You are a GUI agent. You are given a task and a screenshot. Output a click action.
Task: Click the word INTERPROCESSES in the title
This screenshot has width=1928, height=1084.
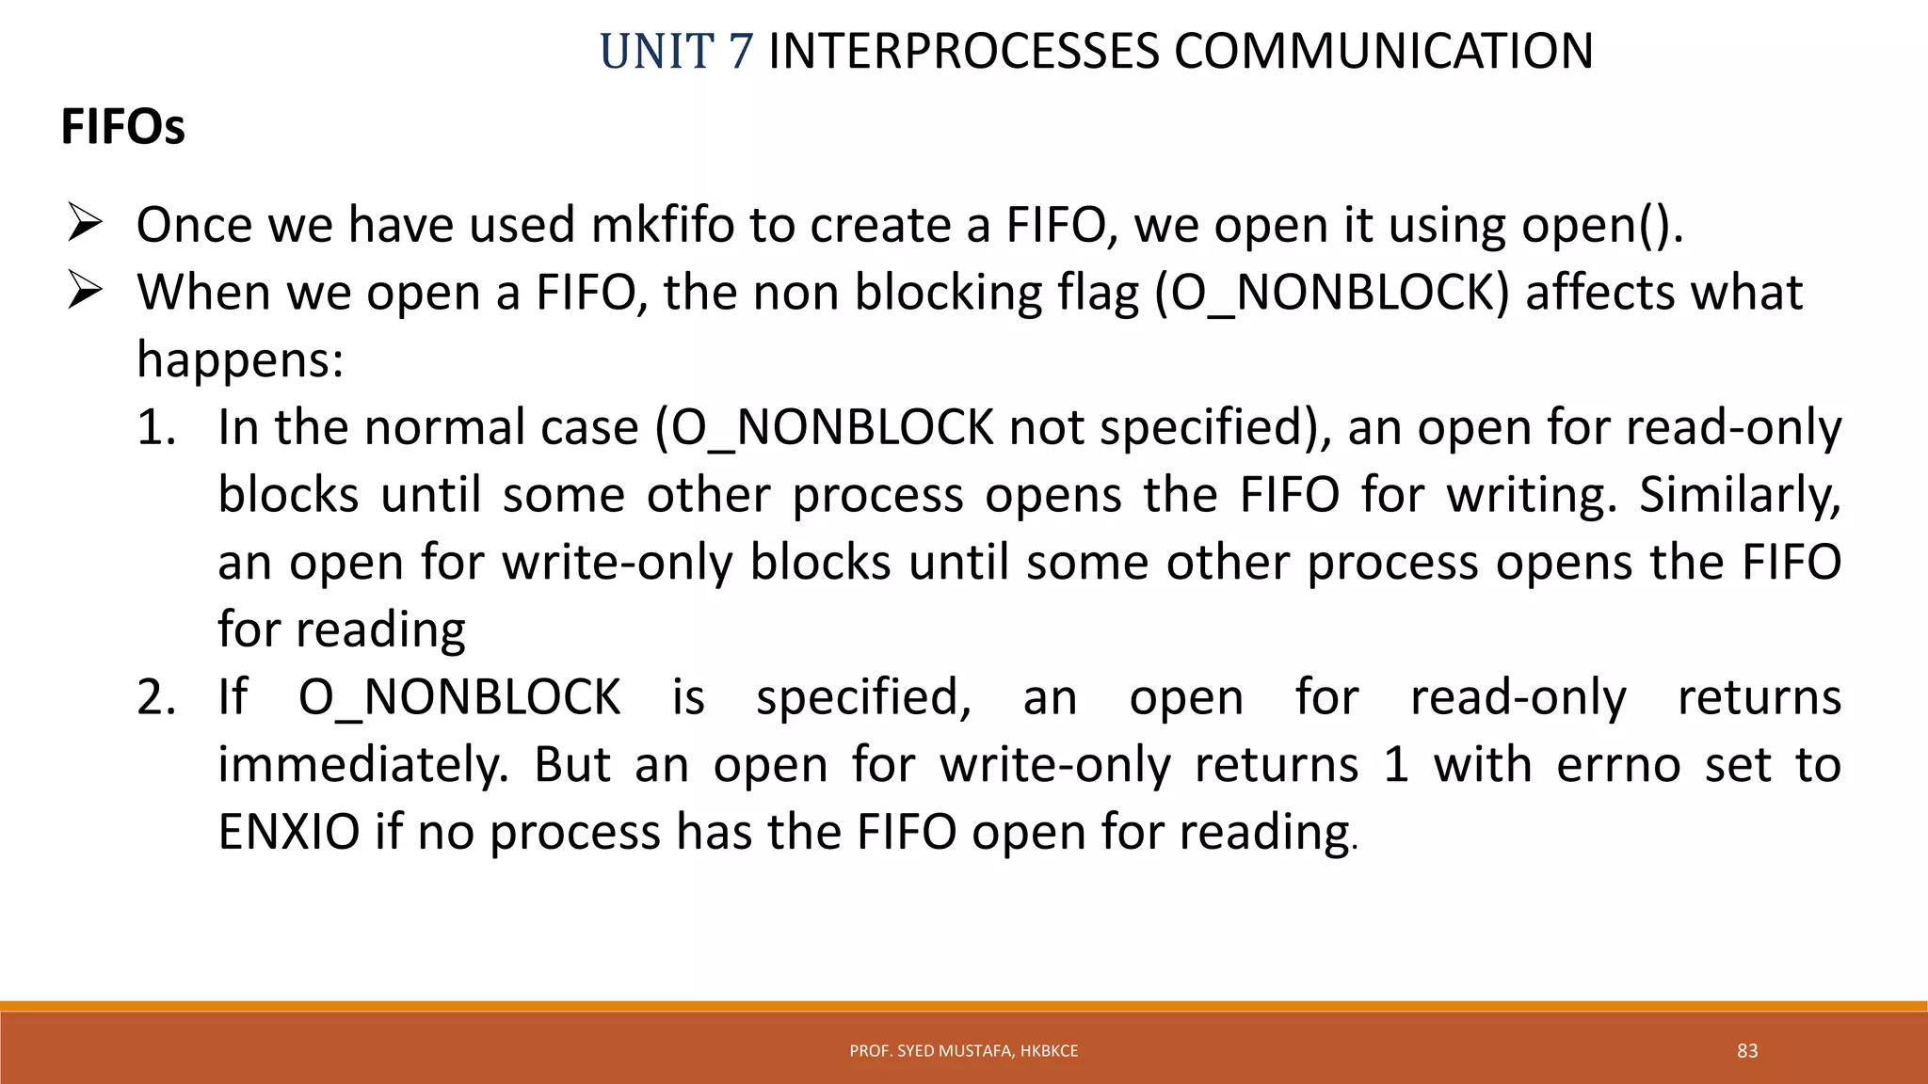tap(963, 51)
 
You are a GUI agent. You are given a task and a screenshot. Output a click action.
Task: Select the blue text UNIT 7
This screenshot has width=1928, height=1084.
tap(676, 51)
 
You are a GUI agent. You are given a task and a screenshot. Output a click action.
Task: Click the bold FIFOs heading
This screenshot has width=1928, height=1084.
tap(122, 127)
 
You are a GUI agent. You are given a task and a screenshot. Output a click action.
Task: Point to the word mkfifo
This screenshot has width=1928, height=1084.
tap(662, 226)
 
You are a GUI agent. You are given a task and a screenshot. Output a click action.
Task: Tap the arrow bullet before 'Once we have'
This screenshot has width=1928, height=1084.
tap(85, 226)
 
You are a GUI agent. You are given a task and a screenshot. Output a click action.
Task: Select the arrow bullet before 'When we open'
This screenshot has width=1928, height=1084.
tap(85, 293)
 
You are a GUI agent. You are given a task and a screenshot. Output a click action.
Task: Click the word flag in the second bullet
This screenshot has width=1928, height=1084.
tap(1099, 293)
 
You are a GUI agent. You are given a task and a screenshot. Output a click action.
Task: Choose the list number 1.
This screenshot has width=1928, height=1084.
tap(156, 428)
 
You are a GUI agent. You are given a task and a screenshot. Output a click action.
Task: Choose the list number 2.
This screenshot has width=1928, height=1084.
tap(156, 698)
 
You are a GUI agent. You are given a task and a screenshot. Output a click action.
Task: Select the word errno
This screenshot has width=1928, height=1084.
tap(1618, 765)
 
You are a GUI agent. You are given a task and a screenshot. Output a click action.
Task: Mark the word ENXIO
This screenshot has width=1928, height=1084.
tap(289, 833)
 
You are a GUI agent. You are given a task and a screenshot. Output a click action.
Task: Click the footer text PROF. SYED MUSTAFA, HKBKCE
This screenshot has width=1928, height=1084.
tap(963, 1051)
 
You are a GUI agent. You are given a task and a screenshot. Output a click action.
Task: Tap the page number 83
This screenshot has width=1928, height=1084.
tap(1747, 1051)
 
